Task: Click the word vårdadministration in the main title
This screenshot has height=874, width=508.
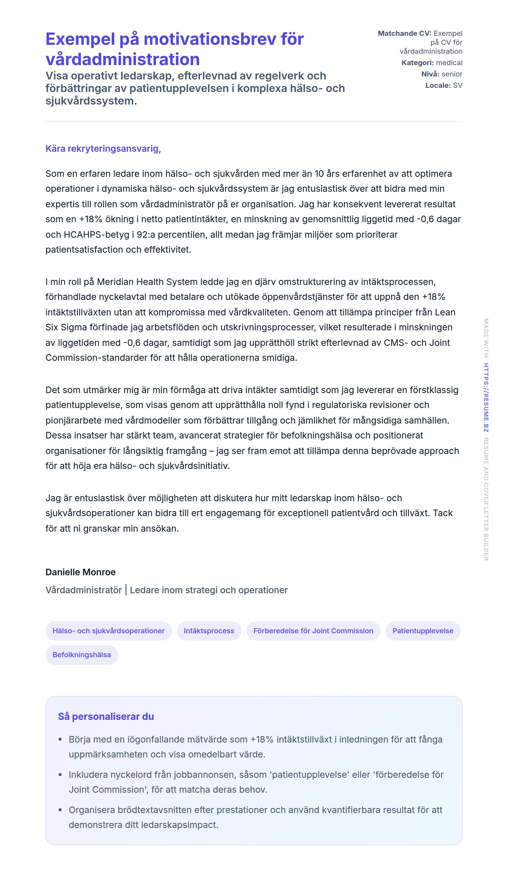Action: point(123,59)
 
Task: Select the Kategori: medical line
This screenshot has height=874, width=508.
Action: point(432,63)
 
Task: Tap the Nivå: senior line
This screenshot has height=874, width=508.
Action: point(441,74)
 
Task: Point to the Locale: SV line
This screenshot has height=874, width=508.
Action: point(443,86)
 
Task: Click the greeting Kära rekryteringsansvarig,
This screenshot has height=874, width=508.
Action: point(103,149)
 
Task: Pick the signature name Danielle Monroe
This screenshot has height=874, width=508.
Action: point(80,572)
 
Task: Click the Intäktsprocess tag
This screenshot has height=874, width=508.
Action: point(209,631)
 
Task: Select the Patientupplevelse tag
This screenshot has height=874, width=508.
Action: point(423,631)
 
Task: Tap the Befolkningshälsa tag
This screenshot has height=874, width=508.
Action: point(82,655)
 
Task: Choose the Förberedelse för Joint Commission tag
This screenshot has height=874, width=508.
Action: point(313,631)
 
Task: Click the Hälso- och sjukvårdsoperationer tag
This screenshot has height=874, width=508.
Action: point(108,631)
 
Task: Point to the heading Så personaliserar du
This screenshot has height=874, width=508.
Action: point(106,717)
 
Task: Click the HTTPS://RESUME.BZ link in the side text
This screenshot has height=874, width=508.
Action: point(486,398)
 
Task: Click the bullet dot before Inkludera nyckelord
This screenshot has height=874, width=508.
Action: point(60,775)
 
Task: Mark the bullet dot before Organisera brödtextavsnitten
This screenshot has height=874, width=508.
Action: point(60,810)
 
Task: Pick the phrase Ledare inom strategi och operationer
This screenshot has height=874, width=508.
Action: point(209,590)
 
